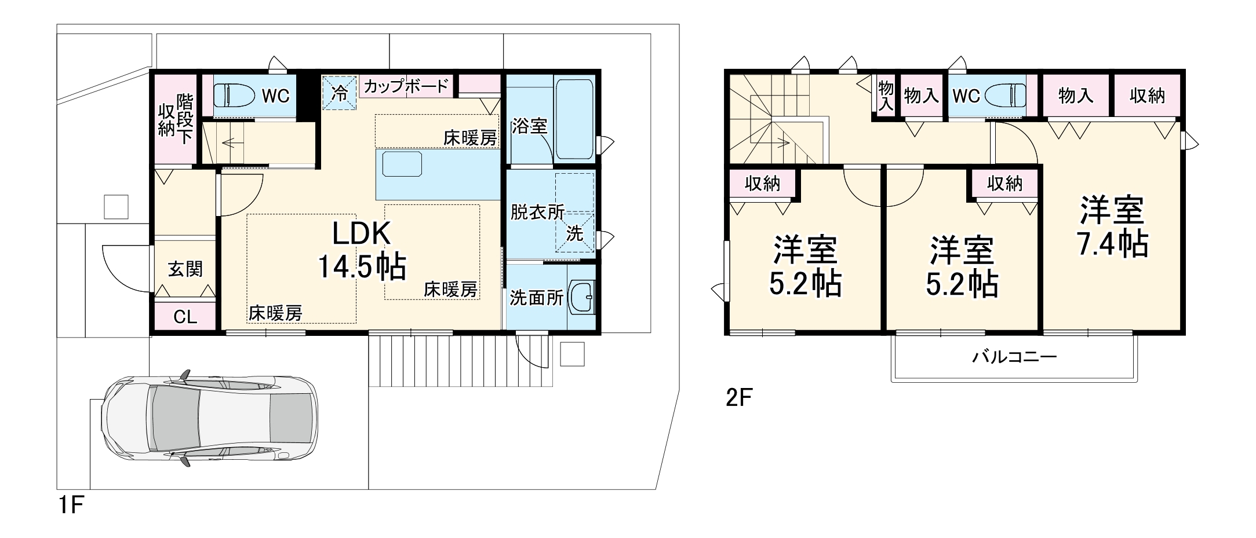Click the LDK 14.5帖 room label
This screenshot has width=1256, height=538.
click(362, 250)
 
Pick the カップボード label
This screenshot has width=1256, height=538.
click(406, 87)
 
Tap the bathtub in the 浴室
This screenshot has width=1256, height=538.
click(574, 119)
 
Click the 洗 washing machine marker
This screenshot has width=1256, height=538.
click(574, 233)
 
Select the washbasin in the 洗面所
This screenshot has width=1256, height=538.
click(581, 297)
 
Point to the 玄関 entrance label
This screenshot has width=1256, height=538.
click(185, 269)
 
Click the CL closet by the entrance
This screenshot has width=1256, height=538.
click(185, 317)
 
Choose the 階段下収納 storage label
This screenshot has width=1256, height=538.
click(176, 119)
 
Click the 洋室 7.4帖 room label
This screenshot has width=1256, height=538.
click(1112, 227)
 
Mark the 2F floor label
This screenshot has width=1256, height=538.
click(739, 398)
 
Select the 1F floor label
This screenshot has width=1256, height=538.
click(71, 506)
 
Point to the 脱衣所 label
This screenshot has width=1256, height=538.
click(537, 212)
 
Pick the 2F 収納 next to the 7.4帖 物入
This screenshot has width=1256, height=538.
click(1147, 96)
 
